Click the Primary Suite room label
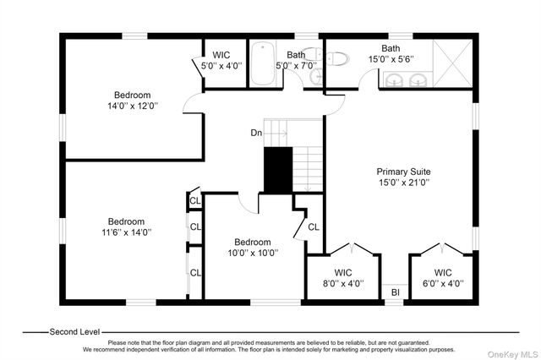coord(403,172)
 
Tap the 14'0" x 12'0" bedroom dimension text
coord(133,106)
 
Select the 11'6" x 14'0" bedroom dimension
coord(126,232)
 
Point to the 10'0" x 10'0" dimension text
coord(253,253)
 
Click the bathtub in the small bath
coord(263,63)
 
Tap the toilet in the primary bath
coord(337,58)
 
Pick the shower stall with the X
coord(452,63)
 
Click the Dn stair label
coord(256,133)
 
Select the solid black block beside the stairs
coord(278,170)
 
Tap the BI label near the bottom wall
coord(396,292)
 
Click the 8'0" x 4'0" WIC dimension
coord(343,283)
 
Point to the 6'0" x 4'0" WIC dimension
coord(443,283)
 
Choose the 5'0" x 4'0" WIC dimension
coord(221,66)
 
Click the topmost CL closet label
coord(195,200)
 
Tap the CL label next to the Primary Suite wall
coord(314,226)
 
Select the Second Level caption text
coord(74,332)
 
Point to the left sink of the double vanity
coord(394,80)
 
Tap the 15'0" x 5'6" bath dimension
coord(391,59)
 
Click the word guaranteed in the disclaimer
coord(413,343)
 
